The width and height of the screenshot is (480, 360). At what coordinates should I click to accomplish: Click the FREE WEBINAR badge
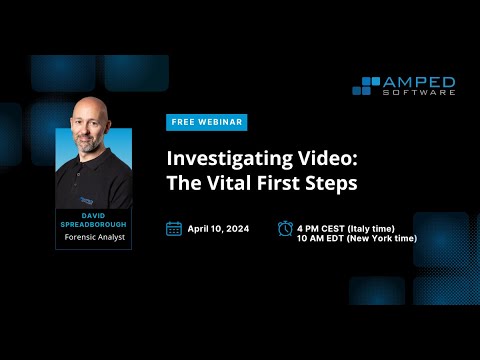[x=206, y=122]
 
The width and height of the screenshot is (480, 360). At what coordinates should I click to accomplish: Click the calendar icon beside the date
[x=174, y=228]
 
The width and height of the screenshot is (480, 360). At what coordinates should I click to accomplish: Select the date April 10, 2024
[x=220, y=228]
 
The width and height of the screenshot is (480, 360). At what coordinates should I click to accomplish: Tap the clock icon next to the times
[x=285, y=228]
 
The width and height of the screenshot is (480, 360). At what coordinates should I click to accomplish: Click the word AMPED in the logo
[x=421, y=81]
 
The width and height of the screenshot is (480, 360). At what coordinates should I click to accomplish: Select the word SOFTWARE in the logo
[x=421, y=92]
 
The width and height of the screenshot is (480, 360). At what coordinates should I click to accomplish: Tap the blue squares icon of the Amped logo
[x=367, y=85]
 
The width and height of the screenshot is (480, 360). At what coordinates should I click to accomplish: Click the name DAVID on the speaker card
[x=93, y=214]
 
